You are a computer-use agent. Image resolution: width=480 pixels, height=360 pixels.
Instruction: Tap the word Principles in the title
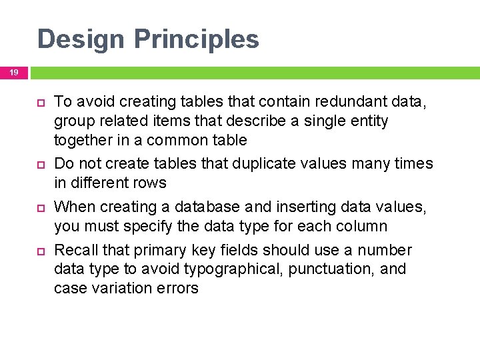[x=197, y=39]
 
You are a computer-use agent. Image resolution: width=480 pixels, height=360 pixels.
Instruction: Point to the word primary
[x=158, y=250]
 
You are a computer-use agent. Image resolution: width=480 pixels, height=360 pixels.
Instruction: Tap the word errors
[x=178, y=288]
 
